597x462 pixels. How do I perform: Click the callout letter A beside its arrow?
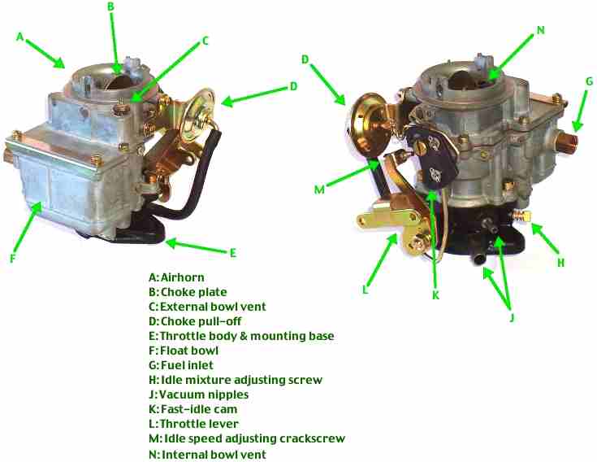click(20, 37)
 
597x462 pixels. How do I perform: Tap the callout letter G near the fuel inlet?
click(589, 81)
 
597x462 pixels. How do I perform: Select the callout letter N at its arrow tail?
click(541, 30)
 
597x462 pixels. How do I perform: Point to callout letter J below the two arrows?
click(512, 317)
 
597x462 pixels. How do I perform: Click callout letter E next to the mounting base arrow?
click(233, 253)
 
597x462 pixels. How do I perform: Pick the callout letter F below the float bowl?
click(12, 259)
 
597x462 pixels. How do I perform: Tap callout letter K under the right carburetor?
click(436, 295)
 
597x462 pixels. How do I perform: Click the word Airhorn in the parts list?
click(183, 277)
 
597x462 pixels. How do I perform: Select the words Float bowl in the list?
click(189, 351)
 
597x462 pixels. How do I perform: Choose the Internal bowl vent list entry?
click(207, 455)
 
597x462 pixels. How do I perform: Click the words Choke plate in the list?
click(194, 292)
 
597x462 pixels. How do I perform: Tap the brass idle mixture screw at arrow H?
click(521, 216)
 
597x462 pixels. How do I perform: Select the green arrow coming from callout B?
click(115, 42)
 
